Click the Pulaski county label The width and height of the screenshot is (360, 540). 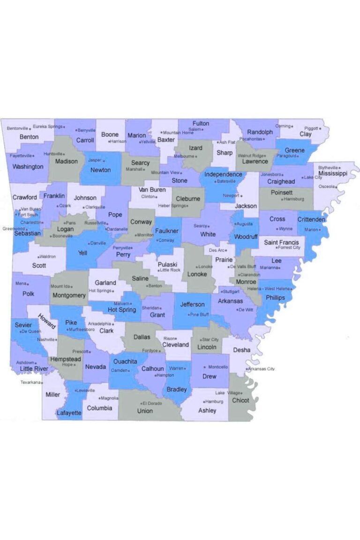[167, 264]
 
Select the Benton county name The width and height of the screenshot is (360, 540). [29, 137]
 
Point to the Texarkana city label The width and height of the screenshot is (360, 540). [30, 382]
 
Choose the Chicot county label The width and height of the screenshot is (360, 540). [240, 400]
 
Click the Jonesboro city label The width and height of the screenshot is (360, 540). [271, 174]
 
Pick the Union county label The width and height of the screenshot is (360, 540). [145, 411]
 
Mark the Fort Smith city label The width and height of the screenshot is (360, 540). [28, 215]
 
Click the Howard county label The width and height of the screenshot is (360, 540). [47, 321]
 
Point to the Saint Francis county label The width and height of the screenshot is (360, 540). [281, 242]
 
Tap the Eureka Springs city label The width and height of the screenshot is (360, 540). [47, 127]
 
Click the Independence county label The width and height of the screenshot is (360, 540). [223, 174]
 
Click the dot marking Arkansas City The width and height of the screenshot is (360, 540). [247, 369]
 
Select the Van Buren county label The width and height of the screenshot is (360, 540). [152, 190]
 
